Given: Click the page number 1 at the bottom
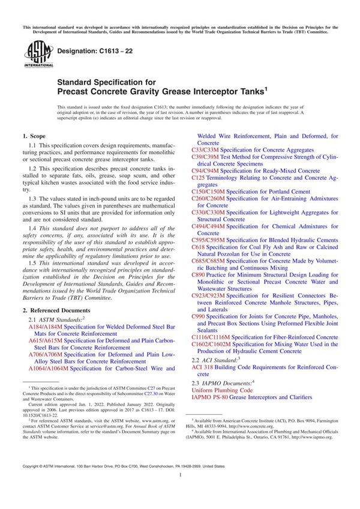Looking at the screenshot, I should tap(180, 491).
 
